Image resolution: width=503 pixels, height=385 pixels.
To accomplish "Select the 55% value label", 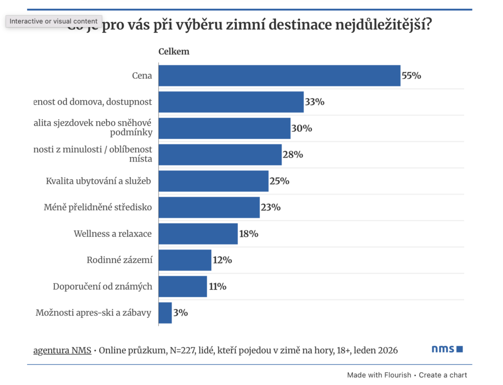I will pos(412,76).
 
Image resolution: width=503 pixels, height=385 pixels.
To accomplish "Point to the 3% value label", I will pos(180,312).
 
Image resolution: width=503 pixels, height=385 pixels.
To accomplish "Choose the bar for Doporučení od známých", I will pos(183,286).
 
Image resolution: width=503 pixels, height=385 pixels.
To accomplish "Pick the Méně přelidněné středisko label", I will pos(98,207).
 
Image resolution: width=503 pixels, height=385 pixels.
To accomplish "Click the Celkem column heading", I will pos(173,52).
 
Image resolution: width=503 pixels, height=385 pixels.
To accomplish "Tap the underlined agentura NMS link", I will pos(62,351).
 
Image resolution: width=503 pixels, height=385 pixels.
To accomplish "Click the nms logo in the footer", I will pos(447,349).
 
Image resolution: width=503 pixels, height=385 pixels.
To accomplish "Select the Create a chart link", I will pos(443,375).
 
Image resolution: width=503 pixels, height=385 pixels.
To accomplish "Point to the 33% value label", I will pos(314,102).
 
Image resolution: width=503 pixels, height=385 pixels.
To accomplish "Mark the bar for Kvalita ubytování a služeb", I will pos(213,181).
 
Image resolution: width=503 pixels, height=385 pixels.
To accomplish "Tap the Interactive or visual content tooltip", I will pos(54,21).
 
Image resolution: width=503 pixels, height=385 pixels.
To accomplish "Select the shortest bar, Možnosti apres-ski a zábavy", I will pos(165,313).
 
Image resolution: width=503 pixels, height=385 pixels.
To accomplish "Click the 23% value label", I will pos(271,207).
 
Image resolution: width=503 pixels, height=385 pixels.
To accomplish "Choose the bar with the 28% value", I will pos(220,155).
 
